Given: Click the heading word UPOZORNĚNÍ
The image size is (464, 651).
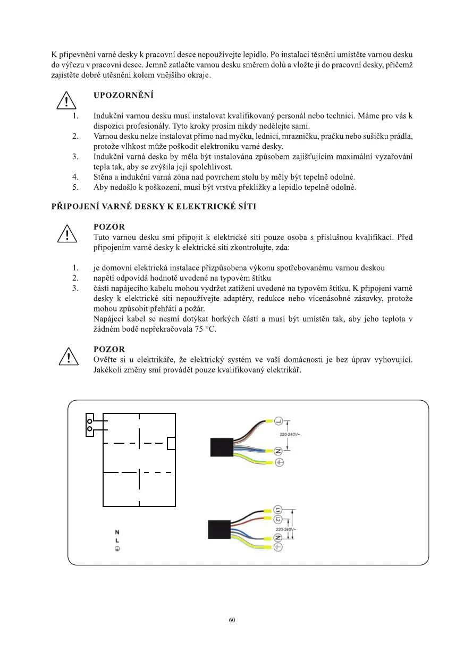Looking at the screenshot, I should (123, 96).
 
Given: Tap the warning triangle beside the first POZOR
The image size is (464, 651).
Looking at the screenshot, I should (65, 234).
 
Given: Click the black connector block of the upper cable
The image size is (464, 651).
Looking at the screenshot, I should (221, 447).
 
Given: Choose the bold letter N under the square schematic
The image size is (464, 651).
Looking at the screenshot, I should (117, 532).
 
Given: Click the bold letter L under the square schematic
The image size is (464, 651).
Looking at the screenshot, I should (117, 540).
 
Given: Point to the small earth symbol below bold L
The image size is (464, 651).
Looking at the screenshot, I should (117, 549).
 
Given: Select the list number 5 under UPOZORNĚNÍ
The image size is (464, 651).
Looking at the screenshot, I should (75, 187).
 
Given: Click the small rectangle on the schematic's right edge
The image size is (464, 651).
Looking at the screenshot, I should (171, 443).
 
